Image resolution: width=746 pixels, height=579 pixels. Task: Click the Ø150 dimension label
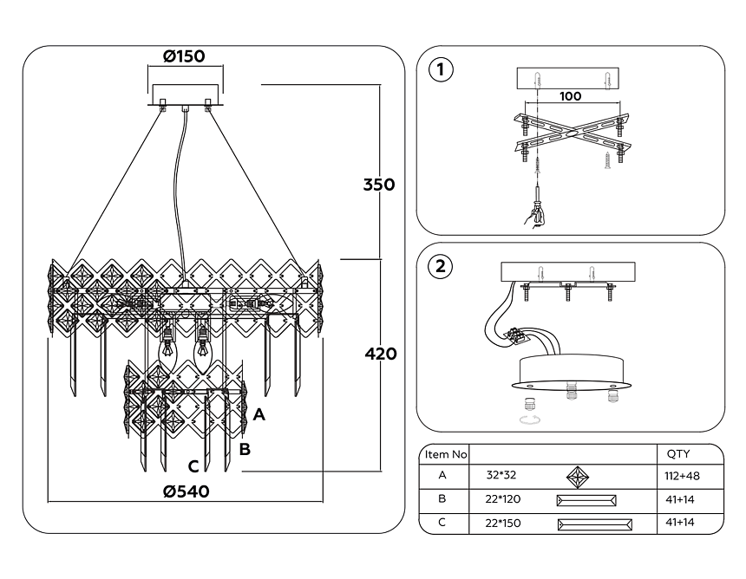coord(183,57)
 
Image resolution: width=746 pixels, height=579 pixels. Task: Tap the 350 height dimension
coord(379,185)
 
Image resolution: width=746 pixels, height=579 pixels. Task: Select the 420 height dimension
coord(379,355)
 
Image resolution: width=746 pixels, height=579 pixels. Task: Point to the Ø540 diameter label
coord(186,491)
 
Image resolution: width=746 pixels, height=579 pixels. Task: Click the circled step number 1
coord(442,70)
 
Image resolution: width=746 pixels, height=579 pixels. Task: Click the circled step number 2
coord(442,265)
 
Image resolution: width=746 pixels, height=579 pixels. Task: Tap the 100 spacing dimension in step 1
coord(570,96)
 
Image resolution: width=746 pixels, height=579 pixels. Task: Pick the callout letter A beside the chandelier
coord(258,415)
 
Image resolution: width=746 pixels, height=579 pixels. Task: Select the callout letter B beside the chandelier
coord(245,449)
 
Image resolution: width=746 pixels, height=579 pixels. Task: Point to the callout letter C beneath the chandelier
coord(193,465)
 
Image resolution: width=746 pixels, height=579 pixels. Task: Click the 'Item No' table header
coord(445,454)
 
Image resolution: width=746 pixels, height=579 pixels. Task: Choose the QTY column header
coord(677,454)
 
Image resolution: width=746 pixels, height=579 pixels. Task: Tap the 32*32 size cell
coord(501,476)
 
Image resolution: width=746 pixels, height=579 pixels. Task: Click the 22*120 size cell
coord(504,500)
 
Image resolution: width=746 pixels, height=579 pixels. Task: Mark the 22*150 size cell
coord(504,524)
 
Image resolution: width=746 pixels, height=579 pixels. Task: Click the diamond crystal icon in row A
coord(578,476)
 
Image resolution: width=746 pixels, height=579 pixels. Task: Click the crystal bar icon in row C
coord(594,524)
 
